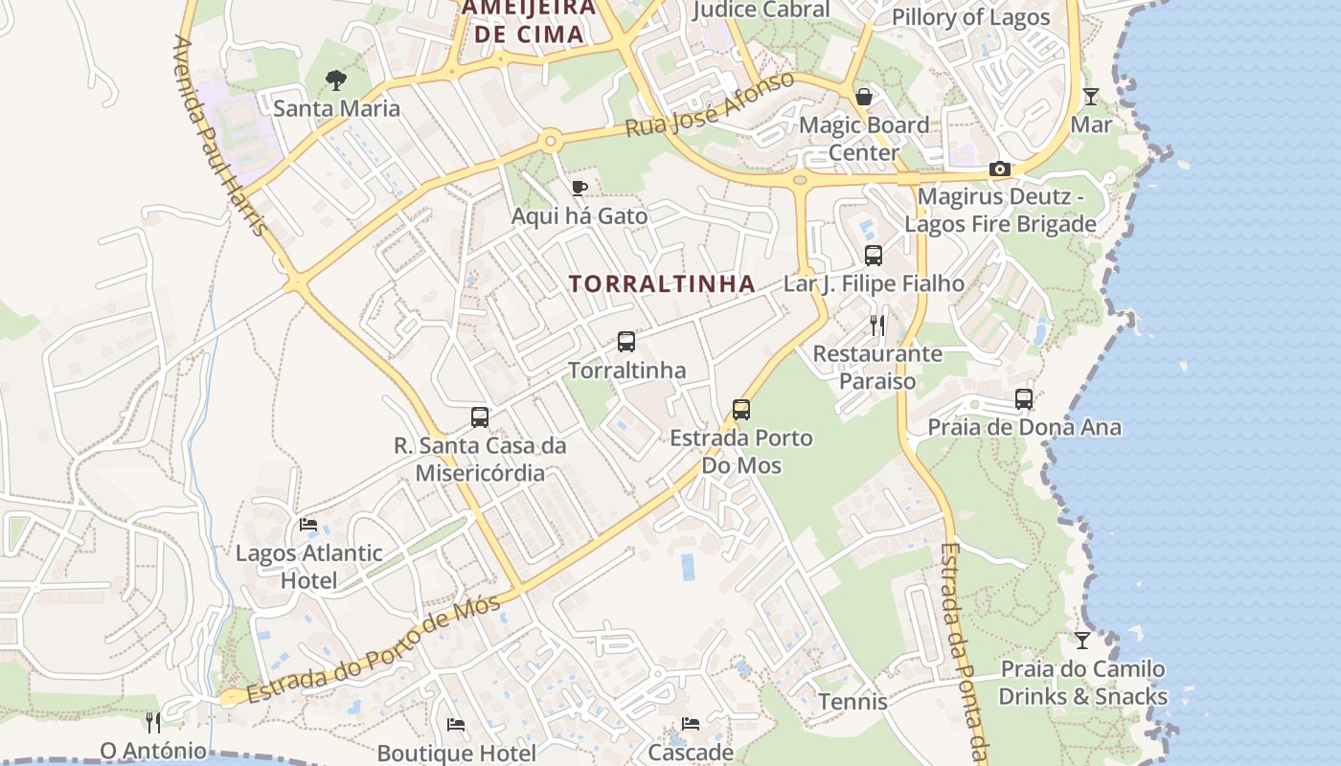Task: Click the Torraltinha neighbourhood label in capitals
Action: point(662,284)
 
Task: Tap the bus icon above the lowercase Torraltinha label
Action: point(626,342)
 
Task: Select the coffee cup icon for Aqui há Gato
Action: point(579,188)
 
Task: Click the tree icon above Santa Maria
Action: point(335,80)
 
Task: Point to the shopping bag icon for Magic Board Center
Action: point(864,97)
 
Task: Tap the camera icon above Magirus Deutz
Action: point(1000,169)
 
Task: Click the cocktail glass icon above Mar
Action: point(1090,96)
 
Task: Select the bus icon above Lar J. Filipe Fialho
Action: point(874,256)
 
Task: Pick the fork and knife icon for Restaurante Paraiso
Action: point(877,325)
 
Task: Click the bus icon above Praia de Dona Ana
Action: point(1024,399)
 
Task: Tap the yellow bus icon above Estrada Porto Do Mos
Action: point(741,410)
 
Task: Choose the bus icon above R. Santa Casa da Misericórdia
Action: point(480,417)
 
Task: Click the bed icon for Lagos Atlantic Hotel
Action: point(308,525)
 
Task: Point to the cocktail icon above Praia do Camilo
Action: point(1082,640)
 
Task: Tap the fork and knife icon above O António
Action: point(153,721)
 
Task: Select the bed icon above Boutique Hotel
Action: point(456,725)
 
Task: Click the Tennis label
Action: point(852,702)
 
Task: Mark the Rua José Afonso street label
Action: point(710,103)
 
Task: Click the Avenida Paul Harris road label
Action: point(219,136)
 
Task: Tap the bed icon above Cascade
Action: point(691,723)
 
